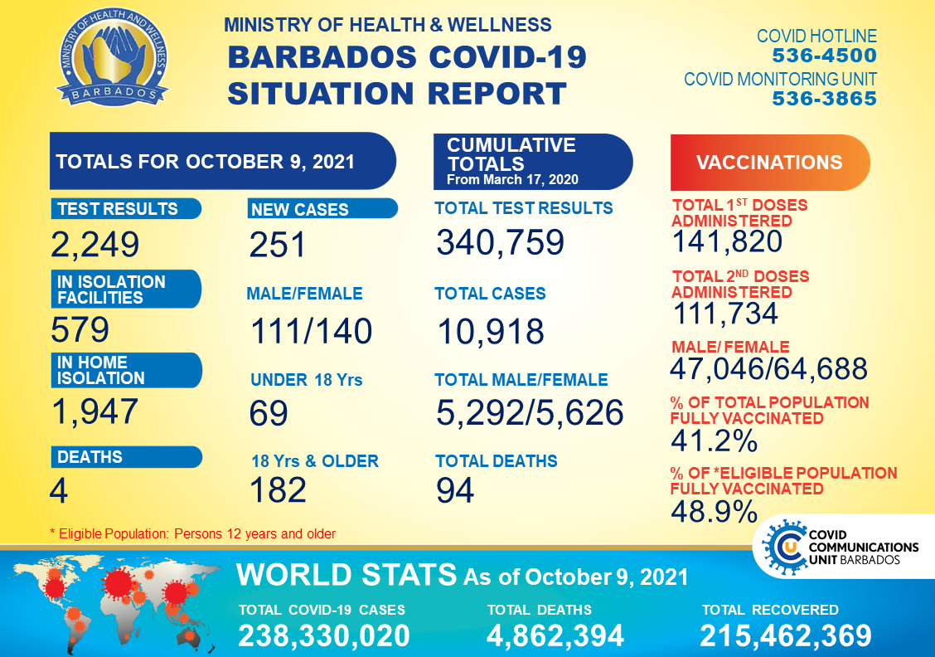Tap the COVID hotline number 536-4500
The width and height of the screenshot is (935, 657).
pos(824,56)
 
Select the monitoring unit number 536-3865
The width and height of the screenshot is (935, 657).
pos(824,99)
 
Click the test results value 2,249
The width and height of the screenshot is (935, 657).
pos(94,245)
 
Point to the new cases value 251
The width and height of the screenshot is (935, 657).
pos(278,245)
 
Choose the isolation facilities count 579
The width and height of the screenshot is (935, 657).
pos(80,330)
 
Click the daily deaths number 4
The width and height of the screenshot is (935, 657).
pos(58,490)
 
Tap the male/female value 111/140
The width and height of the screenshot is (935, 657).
pos(311,332)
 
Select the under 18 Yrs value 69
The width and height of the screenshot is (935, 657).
pos(269,413)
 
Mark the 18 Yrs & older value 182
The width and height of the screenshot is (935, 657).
pos(278,490)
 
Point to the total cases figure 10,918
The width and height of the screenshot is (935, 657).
pos(491,332)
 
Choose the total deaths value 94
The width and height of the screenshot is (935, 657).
pos(455,490)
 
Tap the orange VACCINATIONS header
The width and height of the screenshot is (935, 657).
pos(769,163)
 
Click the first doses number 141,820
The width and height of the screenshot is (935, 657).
pos(726,241)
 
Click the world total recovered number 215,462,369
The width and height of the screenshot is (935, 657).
pos(786,635)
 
